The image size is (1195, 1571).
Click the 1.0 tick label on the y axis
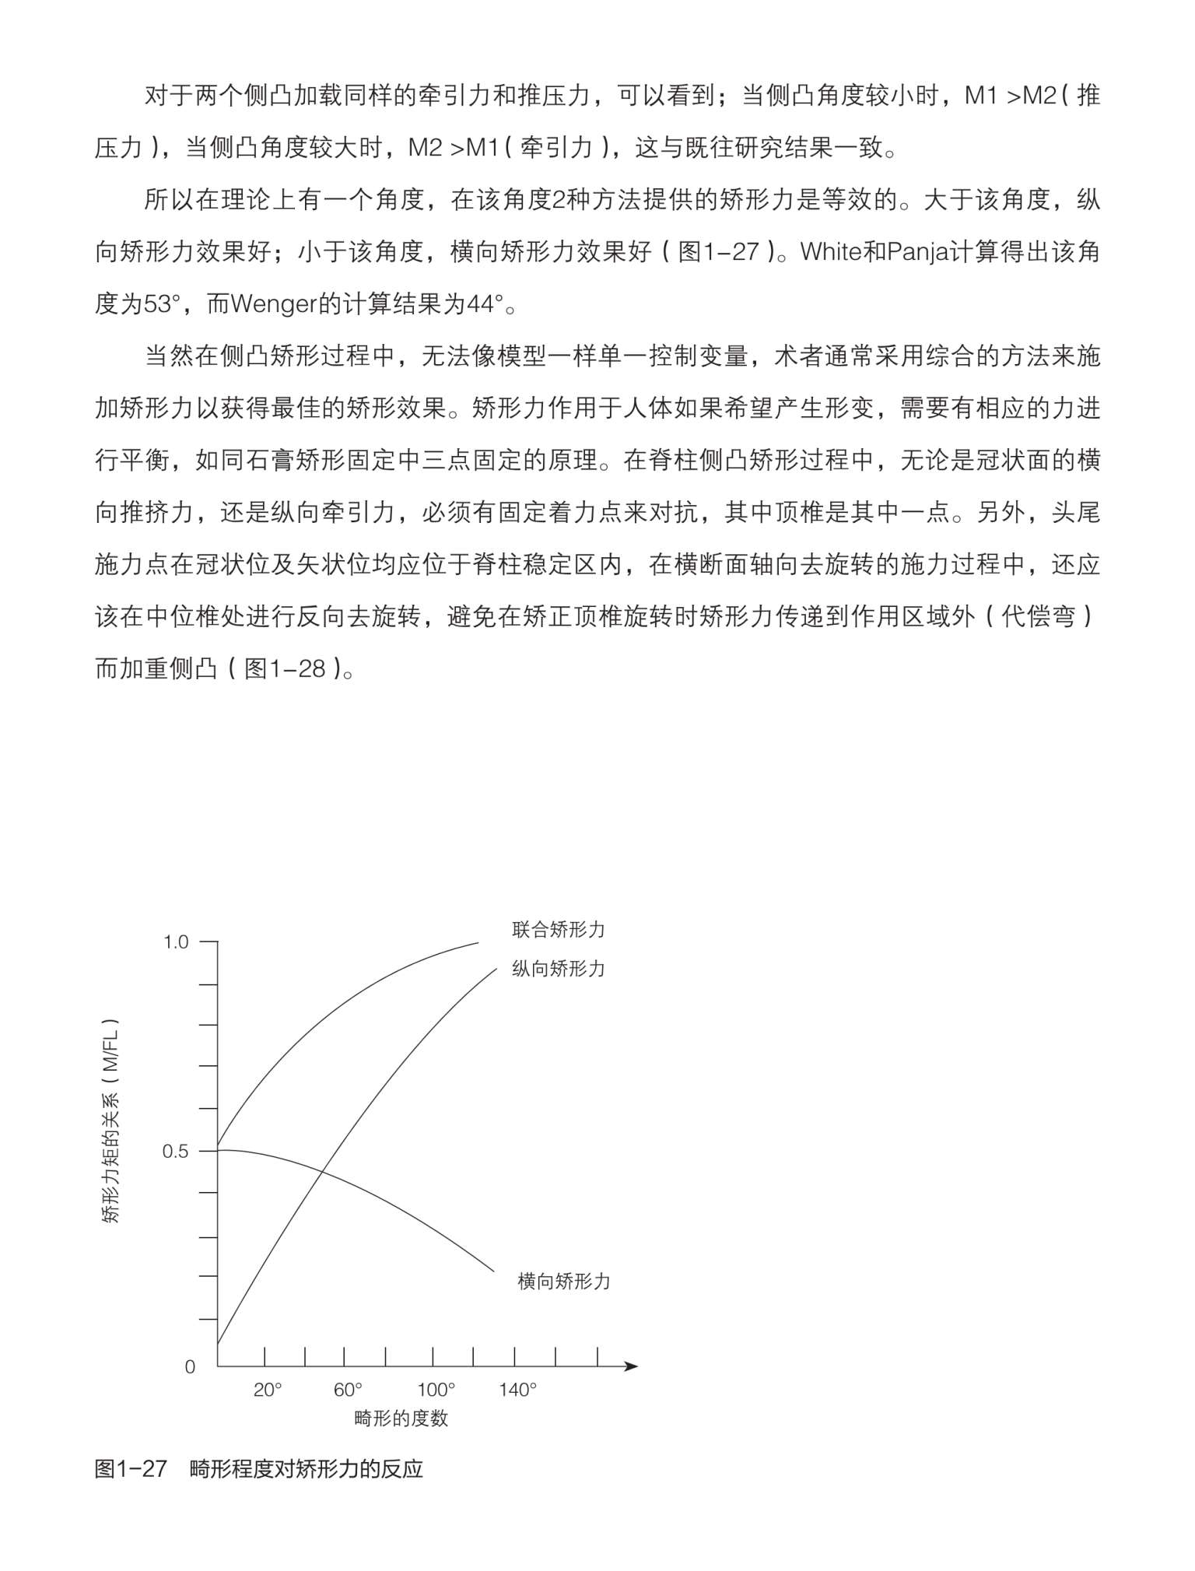tap(176, 942)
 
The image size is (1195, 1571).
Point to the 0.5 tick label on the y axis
tap(176, 1151)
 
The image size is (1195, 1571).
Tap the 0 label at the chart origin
tap(190, 1367)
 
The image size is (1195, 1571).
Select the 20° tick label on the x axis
tap(268, 1390)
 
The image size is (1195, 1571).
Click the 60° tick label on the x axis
tap(348, 1390)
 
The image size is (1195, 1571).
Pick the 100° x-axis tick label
tap(436, 1390)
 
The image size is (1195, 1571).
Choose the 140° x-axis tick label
tap(518, 1390)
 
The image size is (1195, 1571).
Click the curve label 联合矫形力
tap(558, 929)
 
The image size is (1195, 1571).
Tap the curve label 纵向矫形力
tap(558, 969)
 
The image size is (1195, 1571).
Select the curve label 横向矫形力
tap(564, 1282)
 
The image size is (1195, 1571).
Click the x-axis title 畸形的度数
tap(401, 1418)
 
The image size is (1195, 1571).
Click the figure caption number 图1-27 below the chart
tap(131, 1469)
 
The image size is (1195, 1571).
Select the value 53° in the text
tap(161, 303)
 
